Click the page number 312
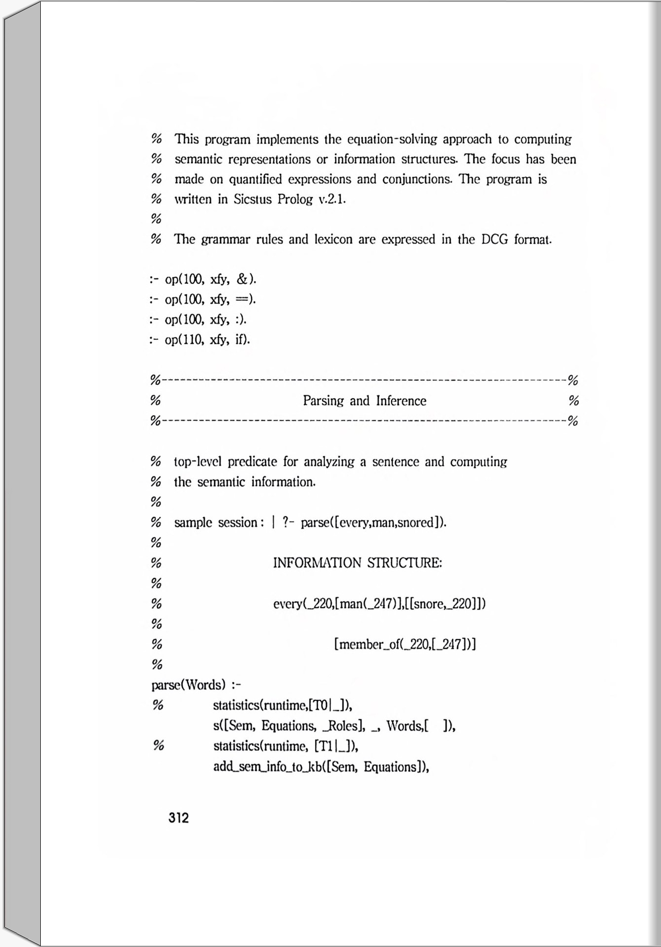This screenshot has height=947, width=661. (178, 818)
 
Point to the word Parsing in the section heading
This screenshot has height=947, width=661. (323, 401)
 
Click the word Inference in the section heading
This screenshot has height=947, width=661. (401, 401)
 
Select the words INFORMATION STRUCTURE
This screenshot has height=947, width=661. (357, 562)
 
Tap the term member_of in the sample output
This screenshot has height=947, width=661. (368, 644)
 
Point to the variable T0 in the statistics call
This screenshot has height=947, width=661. (320, 706)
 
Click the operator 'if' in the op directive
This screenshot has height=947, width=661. (240, 340)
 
